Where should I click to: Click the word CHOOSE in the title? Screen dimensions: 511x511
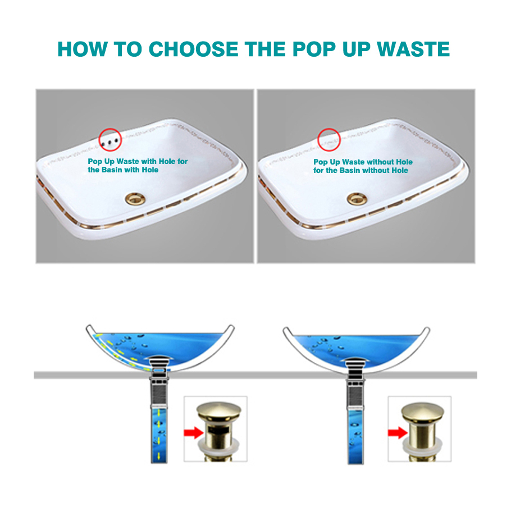click(x=194, y=49)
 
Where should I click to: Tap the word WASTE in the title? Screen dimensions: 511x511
click(x=413, y=49)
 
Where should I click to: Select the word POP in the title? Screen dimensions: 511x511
click(x=314, y=49)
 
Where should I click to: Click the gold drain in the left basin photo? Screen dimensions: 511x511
click(x=135, y=198)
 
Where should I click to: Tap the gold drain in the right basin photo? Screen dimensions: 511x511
click(x=357, y=198)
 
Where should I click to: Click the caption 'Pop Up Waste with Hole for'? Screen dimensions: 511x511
click(x=138, y=161)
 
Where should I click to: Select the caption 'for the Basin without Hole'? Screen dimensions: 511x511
click(x=361, y=171)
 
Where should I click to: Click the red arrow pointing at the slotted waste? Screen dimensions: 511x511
click(x=194, y=433)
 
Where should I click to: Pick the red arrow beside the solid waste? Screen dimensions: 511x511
click(x=398, y=433)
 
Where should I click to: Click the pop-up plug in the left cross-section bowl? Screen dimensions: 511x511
click(x=159, y=363)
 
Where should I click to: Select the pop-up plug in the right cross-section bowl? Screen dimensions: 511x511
click(x=356, y=363)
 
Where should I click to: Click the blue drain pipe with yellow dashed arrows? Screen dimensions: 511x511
click(x=159, y=435)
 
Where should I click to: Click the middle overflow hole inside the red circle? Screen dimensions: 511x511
click(x=109, y=142)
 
